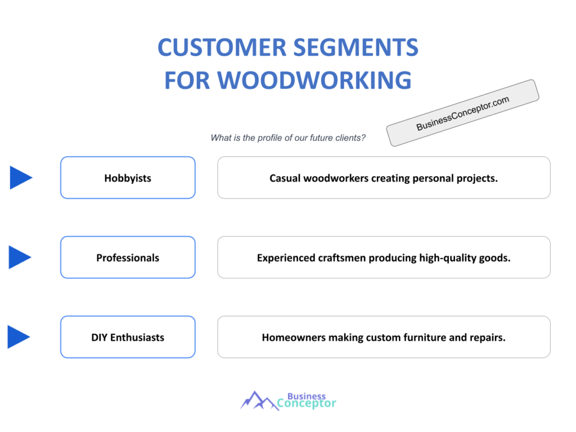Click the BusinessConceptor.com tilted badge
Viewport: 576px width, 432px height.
(462, 113)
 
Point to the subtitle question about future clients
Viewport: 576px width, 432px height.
(288, 138)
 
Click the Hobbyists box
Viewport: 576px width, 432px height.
(128, 178)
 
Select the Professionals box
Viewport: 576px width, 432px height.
(128, 258)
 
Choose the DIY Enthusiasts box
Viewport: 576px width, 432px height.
(128, 337)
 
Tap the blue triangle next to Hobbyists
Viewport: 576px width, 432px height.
(21, 178)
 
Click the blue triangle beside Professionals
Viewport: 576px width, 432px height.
(20, 257)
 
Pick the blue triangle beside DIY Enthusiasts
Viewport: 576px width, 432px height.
(19, 337)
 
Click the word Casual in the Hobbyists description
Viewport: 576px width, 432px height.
(285, 178)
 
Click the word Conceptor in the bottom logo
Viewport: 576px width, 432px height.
(307, 403)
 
